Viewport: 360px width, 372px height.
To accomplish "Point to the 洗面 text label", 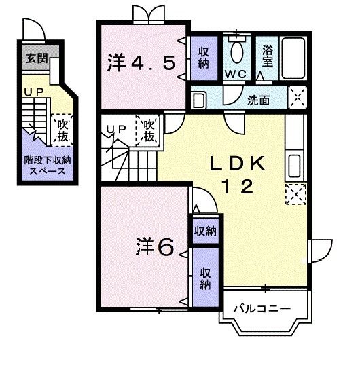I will (257, 100).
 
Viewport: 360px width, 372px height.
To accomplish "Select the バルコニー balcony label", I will (262, 309).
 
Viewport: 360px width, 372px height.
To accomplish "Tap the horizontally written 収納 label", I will (205, 231).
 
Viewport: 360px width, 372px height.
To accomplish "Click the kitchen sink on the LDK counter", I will (295, 165).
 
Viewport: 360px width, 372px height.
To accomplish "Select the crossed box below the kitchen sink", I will (295, 194).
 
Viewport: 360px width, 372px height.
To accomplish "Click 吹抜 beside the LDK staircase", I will (149, 130).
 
